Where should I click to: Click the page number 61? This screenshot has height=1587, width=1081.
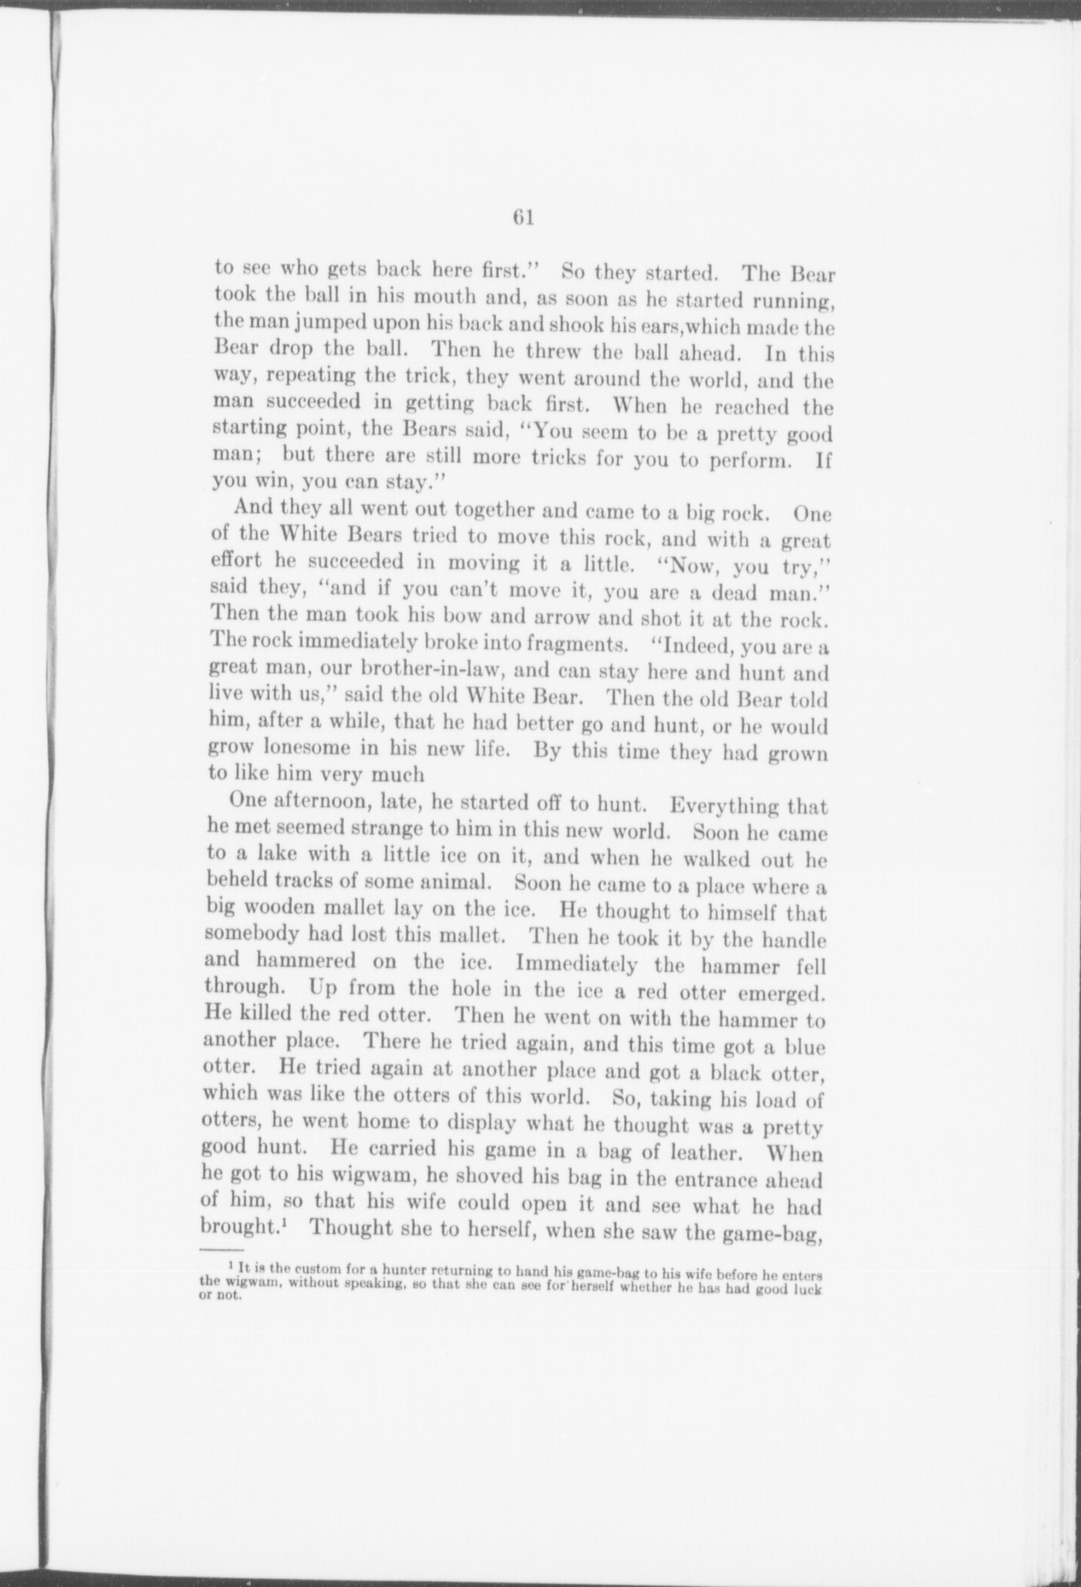pos(523,217)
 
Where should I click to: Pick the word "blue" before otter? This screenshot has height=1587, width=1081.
pos(804,1048)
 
